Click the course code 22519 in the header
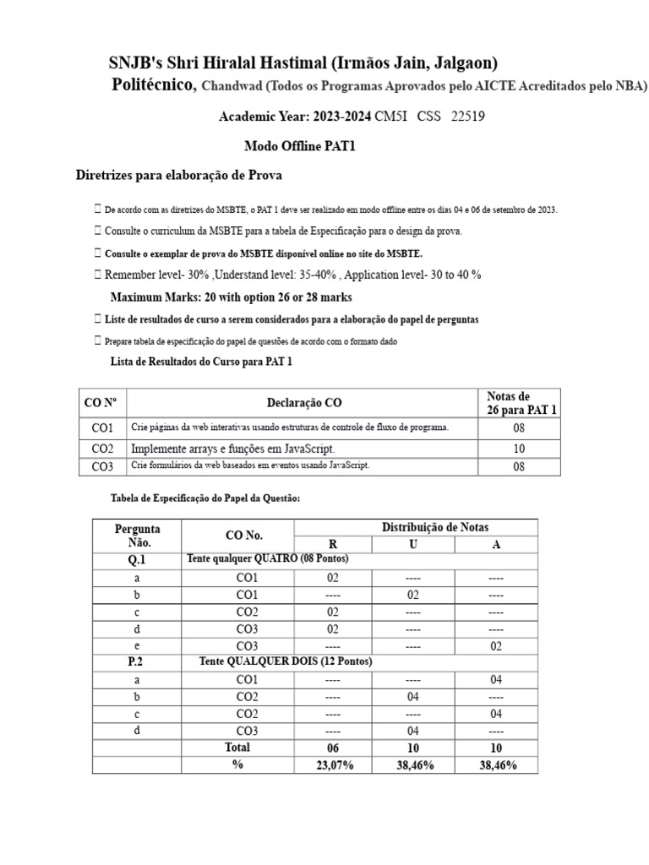(468, 117)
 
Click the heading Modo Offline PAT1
(300, 146)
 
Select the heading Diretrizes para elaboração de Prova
(179, 176)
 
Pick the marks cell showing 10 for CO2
(519, 449)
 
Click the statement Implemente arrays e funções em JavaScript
(238, 449)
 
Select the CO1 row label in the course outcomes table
(102, 428)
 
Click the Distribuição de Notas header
(435, 527)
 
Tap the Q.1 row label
(137, 560)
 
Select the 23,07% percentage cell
(332, 765)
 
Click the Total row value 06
(332, 748)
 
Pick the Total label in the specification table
(237, 748)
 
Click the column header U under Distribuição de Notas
(412, 544)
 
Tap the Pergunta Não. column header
(137, 536)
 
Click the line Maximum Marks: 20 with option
(231, 297)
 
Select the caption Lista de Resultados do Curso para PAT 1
(202, 362)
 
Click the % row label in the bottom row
(237, 765)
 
